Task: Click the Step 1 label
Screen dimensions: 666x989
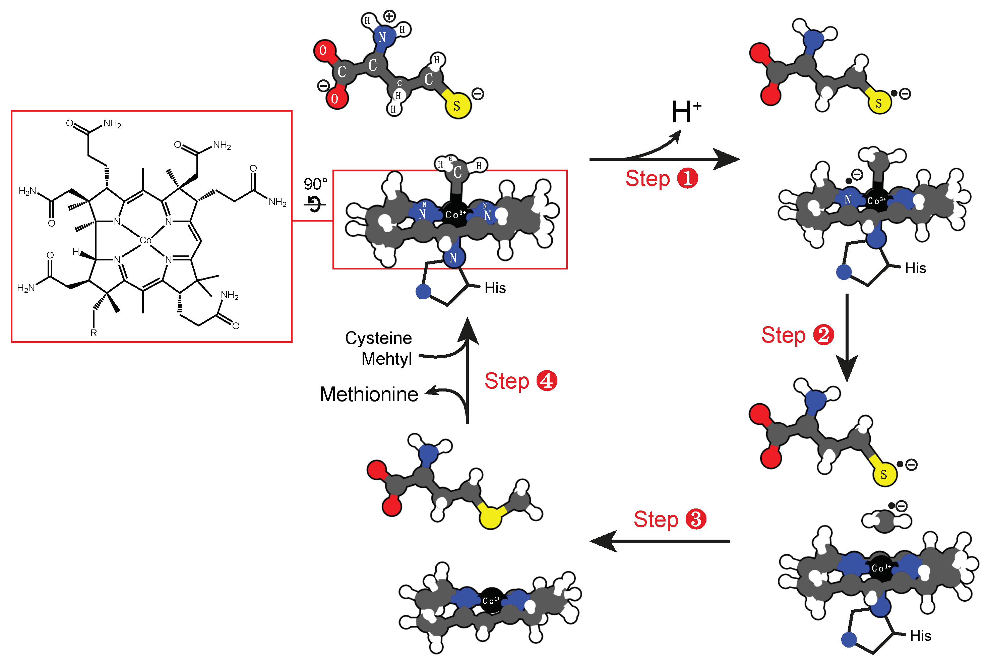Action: pos(661,178)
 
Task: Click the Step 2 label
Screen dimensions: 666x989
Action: pos(797,335)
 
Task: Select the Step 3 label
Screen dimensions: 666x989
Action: pos(669,519)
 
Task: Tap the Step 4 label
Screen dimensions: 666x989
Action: pos(520,381)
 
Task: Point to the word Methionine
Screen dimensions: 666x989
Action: pos(368,394)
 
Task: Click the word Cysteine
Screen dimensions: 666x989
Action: pos(378,338)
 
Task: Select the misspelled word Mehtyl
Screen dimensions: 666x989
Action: pos(386,359)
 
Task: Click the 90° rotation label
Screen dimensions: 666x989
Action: pos(315,184)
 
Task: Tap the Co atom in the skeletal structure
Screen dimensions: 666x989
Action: pos(145,240)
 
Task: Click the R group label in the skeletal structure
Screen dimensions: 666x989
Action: pos(94,333)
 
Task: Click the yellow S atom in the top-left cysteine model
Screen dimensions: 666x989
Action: pos(457,106)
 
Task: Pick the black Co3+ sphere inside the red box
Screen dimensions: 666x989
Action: pos(455,215)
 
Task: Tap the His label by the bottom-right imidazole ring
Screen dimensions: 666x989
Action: pos(920,636)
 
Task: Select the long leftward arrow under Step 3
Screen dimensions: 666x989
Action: pos(660,541)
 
